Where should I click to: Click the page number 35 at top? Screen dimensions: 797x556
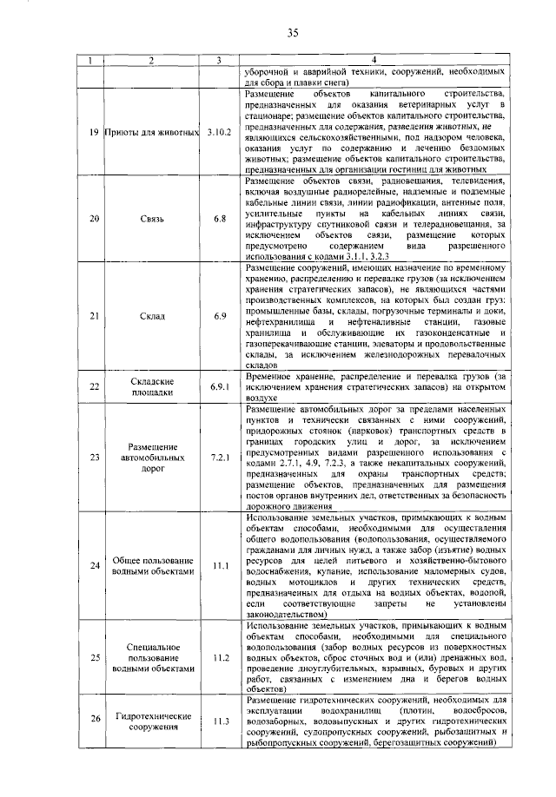point(292,33)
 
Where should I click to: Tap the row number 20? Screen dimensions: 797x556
point(95,220)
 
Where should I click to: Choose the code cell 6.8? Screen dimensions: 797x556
point(221,220)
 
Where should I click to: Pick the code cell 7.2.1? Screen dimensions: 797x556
point(221,456)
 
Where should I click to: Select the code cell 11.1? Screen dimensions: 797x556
point(221,566)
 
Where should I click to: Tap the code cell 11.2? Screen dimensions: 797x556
point(221,657)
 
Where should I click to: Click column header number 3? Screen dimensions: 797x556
point(221,60)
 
